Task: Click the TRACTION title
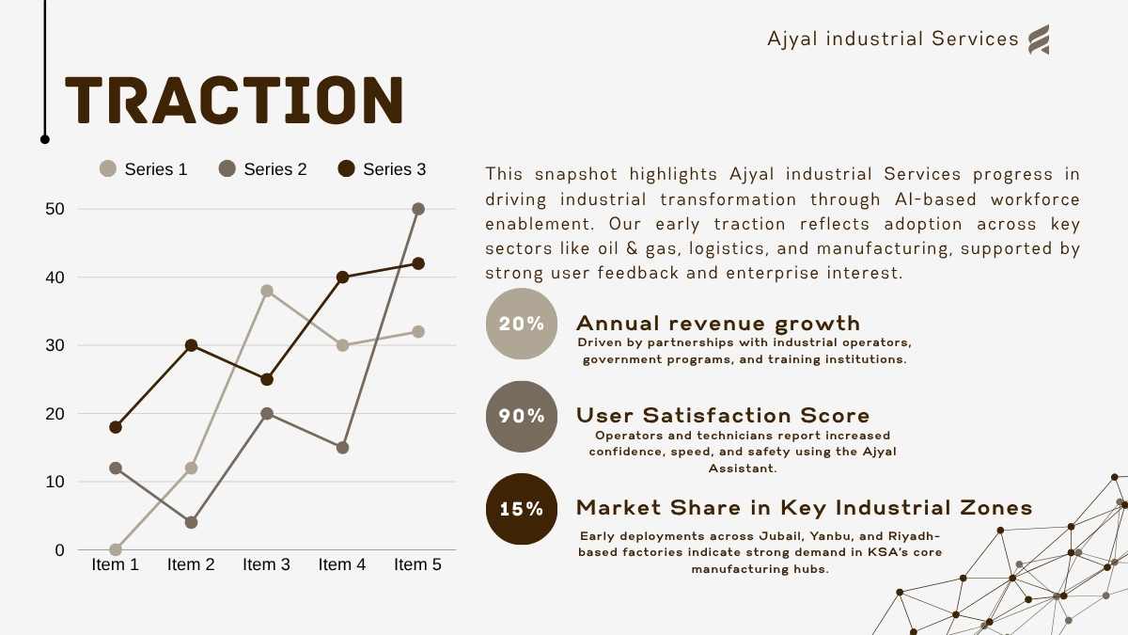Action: (x=234, y=100)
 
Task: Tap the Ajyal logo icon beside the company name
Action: (x=1039, y=40)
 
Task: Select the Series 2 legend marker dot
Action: (x=227, y=168)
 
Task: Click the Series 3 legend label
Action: (x=394, y=169)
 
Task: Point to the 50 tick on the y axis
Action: (x=55, y=209)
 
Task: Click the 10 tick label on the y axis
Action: (x=55, y=482)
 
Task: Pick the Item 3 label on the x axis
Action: (x=266, y=564)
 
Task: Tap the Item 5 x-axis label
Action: (x=417, y=564)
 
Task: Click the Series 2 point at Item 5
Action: (x=418, y=209)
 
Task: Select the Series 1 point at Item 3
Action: (x=267, y=291)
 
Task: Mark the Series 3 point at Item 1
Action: (x=116, y=427)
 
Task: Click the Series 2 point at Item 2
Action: (x=192, y=523)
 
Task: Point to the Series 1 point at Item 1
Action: (x=116, y=549)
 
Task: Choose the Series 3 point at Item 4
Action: (x=342, y=278)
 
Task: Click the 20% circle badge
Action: (x=522, y=324)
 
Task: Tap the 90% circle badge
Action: (x=522, y=416)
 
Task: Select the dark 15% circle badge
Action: (x=522, y=509)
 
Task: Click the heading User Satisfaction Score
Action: (x=723, y=416)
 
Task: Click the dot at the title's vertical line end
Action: (x=45, y=139)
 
